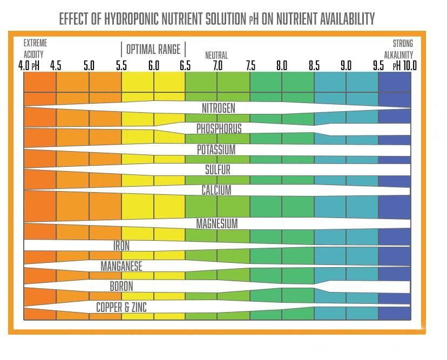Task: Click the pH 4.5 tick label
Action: click(x=56, y=66)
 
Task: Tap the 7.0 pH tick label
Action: click(x=218, y=66)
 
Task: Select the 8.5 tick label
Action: click(x=314, y=66)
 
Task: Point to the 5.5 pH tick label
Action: click(x=121, y=66)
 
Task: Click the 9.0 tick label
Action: click(x=346, y=66)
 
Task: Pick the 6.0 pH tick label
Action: click(x=154, y=66)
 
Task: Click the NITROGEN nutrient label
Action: click(x=218, y=108)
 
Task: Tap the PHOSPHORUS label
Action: click(x=219, y=129)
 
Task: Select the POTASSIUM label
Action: click(x=216, y=150)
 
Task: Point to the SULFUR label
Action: click(x=218, y=170)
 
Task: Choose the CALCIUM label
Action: click(x=216, y=191)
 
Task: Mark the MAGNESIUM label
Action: click(x=216, y=223)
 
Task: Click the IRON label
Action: click(x=121, y=246)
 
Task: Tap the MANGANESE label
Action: click(x=121, y=266)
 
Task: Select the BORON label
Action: click(x=121, y=287)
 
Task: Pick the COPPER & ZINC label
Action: click(x=121, y=308)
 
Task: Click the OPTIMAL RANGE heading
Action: click(x=153, y=49)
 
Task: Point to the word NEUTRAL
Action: click(x=216, y=55)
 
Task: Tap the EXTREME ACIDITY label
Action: click(x=35, y=49)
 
